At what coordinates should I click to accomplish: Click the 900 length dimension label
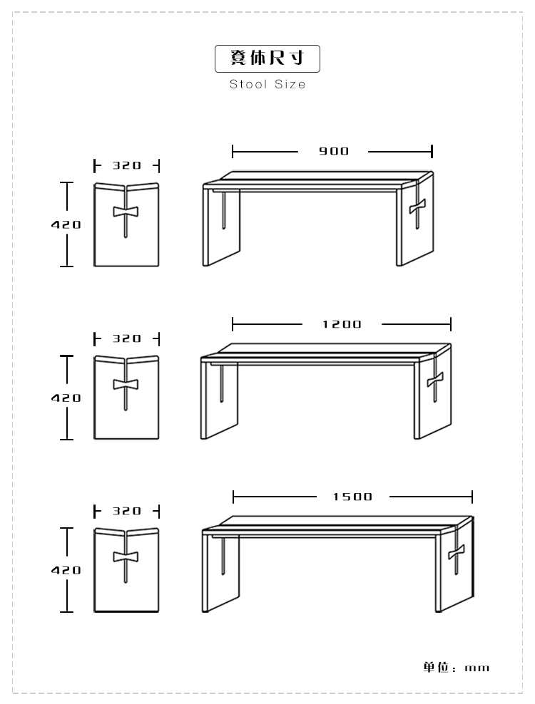click(334, 151)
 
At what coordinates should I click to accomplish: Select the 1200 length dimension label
click(342, 324)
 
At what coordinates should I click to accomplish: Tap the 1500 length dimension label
click(353, 497)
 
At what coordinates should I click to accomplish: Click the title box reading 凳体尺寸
click(267, 58)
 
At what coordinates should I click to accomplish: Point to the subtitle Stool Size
click(267, 84)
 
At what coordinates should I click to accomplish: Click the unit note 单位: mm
click(456, 667)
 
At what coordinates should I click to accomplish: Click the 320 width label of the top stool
click(127, 166)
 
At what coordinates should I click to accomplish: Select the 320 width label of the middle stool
click(127, 338)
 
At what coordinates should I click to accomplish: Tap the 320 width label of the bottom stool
click(127, 511)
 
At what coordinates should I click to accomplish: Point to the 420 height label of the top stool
click(66, 224)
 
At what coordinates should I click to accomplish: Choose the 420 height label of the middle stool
click(66, 398)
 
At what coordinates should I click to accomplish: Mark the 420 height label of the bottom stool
click(66, 570)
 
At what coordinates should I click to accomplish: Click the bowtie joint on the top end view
click(126, 212)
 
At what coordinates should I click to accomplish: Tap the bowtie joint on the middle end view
click(126, 384)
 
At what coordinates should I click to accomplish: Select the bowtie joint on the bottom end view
click(126, 557)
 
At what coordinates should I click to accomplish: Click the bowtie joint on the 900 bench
click(417, 207)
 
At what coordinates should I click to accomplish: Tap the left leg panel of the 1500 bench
click(220, 571)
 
